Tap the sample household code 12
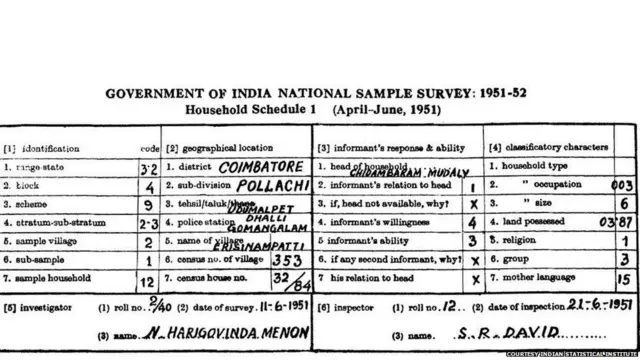click(x=148, y=279)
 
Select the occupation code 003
click(x=619, y=185)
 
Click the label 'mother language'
click(x=535, y=278)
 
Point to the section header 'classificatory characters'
click(x=555, y=146)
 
